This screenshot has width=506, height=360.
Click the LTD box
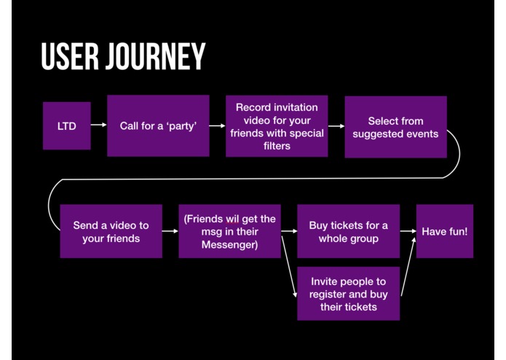tap(66, 126)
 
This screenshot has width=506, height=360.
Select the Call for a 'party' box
tap(158, 126)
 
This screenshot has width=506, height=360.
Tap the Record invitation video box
tap(277, 126)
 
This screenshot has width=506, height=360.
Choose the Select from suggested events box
tap(395, 127)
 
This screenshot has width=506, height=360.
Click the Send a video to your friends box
tap(111, 231)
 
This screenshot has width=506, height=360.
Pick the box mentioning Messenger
tap(230, 231)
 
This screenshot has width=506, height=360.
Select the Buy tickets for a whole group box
tap(348, 231)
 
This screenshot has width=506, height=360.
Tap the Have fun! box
tap(444, 231)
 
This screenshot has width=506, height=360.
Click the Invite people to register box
tap(348, 294)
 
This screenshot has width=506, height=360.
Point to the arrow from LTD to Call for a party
tap(98, 126)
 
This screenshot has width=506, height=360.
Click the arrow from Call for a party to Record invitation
tap(217, 126)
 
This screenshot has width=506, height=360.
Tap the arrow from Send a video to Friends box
tap(170, 231)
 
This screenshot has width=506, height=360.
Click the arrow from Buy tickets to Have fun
tap(408, 231)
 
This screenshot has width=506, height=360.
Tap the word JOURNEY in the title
tap(154, 57)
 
